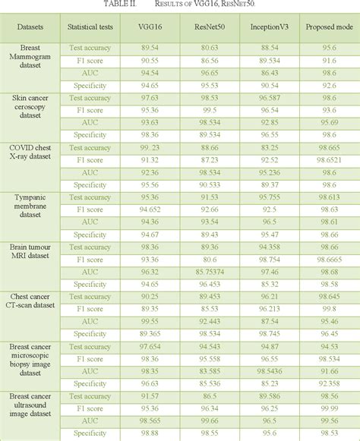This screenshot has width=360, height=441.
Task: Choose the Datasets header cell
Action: [x=31, y=27]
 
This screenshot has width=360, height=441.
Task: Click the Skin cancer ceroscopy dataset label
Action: [x=31, y=104]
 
